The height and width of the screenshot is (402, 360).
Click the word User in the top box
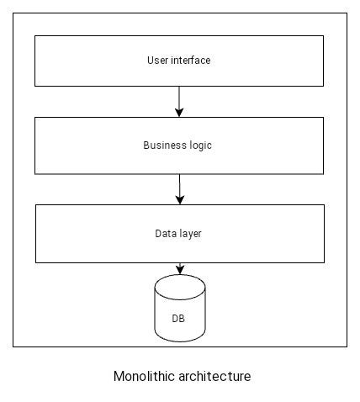(x=156, y=61)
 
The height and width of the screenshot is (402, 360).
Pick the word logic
(x=199, y=145)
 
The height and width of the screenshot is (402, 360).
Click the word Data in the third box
(x=165, y=234)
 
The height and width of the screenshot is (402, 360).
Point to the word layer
(x=190, y=234)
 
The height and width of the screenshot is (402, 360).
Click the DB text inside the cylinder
(x=179, y=319)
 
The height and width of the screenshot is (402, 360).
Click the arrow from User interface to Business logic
(x=179, y=101)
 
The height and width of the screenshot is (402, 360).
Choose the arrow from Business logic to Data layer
(x=179, y=188)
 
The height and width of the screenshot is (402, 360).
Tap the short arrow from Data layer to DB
(x=180, y=267)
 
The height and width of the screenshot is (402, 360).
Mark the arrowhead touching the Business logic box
(x=179, y=113)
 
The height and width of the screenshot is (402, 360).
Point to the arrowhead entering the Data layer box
(x=179, y=200)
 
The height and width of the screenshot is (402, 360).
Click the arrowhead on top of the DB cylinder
(x=180, y=270)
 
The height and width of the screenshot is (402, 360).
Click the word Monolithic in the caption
(x=144, y=376)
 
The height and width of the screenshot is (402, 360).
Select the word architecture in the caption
(x=214, y=376)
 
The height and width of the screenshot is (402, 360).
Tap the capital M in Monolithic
(x=118, y=376)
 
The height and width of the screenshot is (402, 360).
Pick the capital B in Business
(x=146, y=145)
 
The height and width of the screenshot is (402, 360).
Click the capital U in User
(x=150, y=61)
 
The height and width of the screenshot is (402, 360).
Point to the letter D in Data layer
(x=158, y=234)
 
